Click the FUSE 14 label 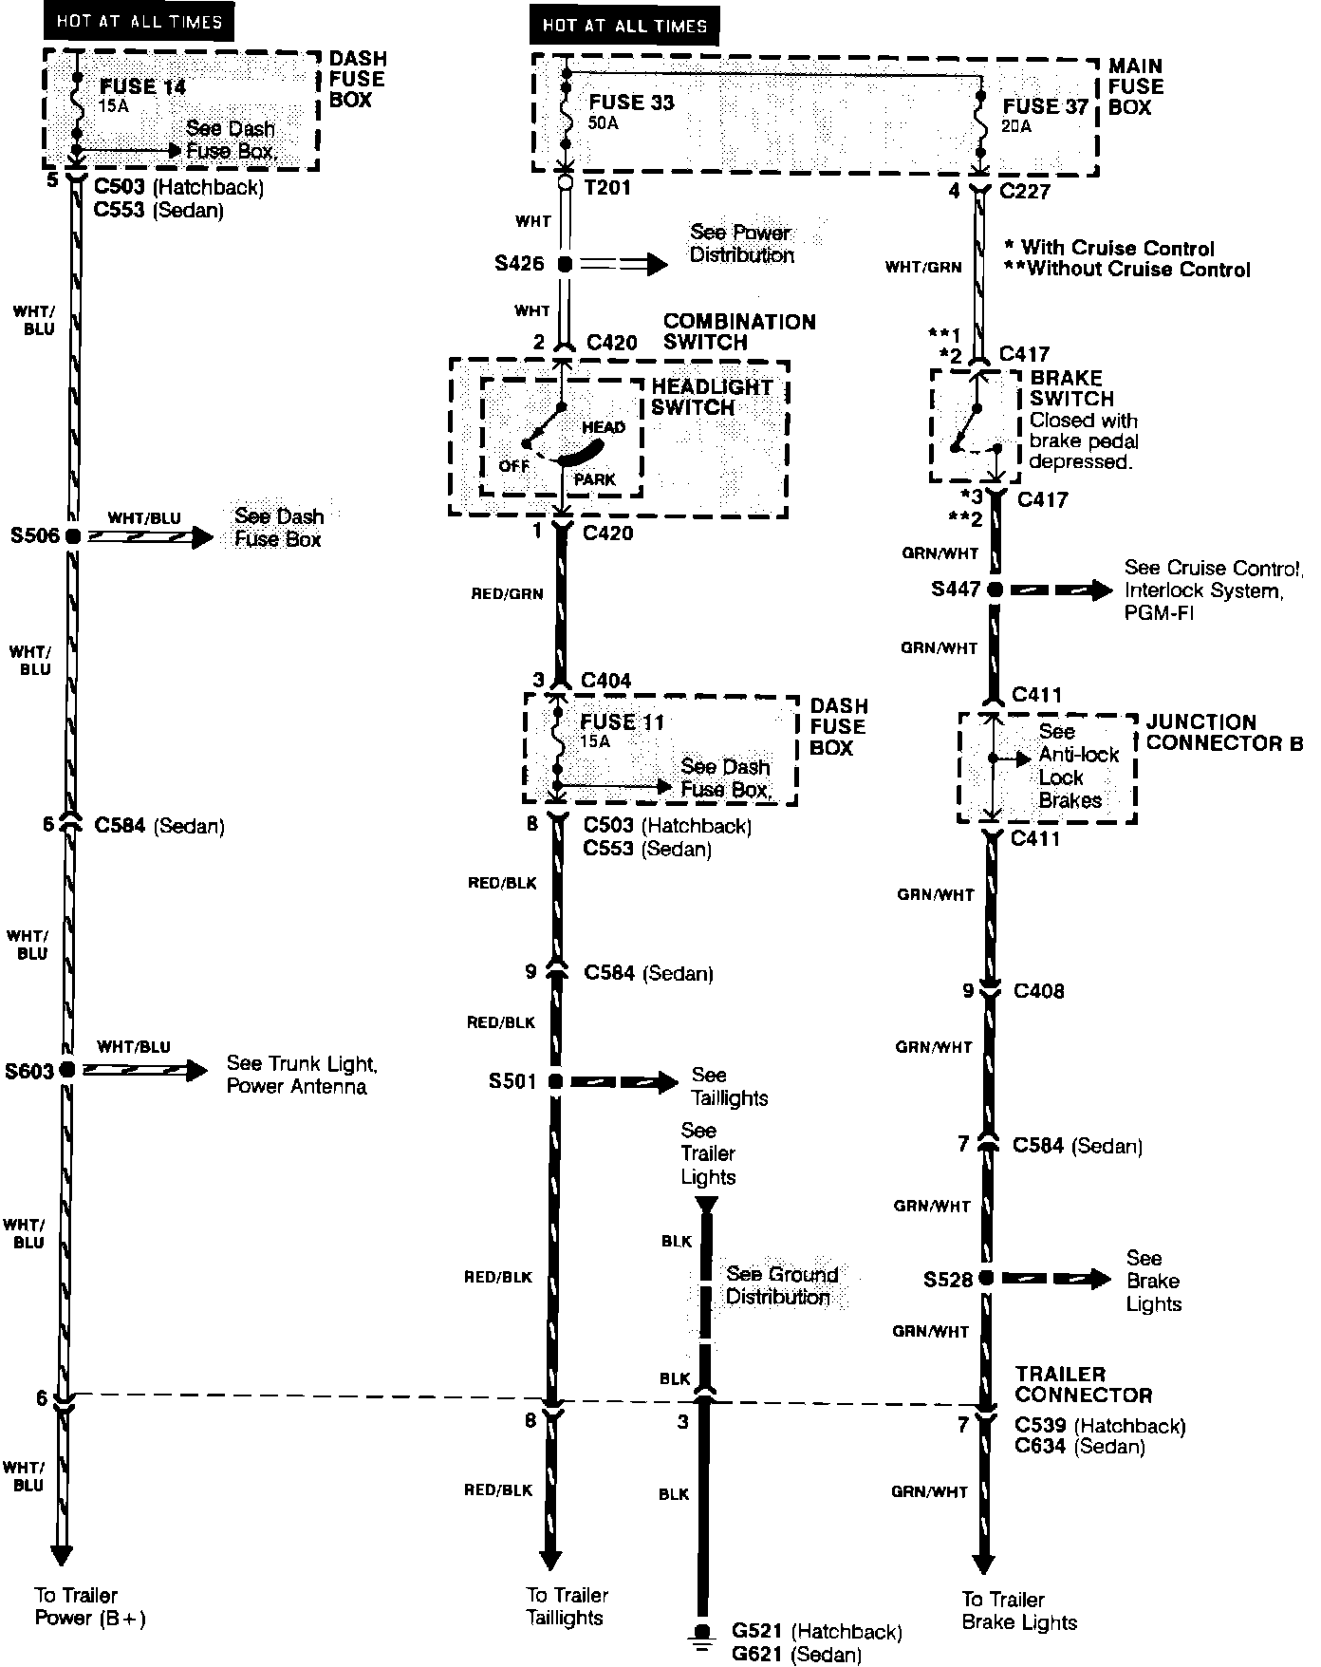coord(142,86)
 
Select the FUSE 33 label coord(631,103)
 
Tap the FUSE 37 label coord(1045,106)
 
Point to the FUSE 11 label coord(622,721)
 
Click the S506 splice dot coord(73,535)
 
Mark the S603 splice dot coord(66,1070)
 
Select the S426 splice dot coord(565,265)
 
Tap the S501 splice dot coord(555,1081)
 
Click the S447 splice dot coord(995,590)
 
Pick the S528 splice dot coord(987,1279)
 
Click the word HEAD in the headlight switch coord(604,427)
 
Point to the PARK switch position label coord(595,479)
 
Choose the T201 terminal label coord(608,187)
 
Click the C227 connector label coord(1025,191)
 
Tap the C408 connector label coord(1039,991)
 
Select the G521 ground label coord(757,1632)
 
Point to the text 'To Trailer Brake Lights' coord(1019,1611)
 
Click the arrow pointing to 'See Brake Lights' coord(1056,1279)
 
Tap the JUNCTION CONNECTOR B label coord(1223,732)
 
